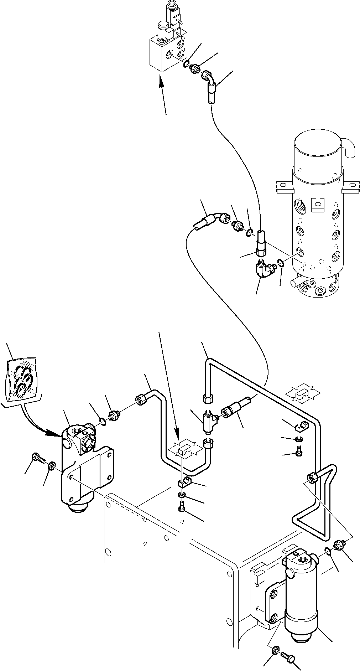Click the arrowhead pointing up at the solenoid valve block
click(x=161, y=84)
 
